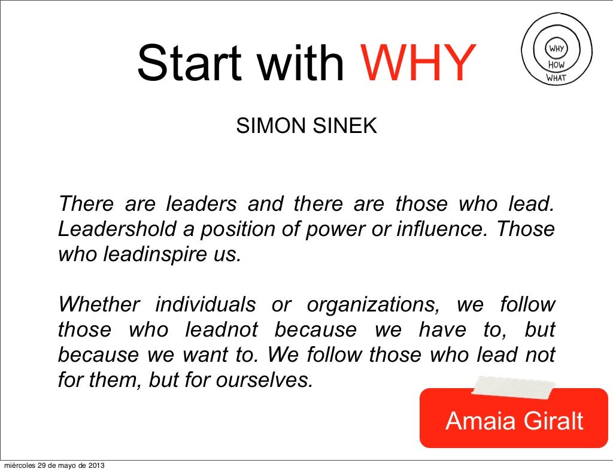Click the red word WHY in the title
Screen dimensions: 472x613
coord(417,63)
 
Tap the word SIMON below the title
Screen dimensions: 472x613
coord(263,126)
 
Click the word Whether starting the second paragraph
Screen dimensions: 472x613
coord(98,305)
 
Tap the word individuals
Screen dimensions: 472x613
coord(205,305)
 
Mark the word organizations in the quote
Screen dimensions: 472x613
coord(373,305)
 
